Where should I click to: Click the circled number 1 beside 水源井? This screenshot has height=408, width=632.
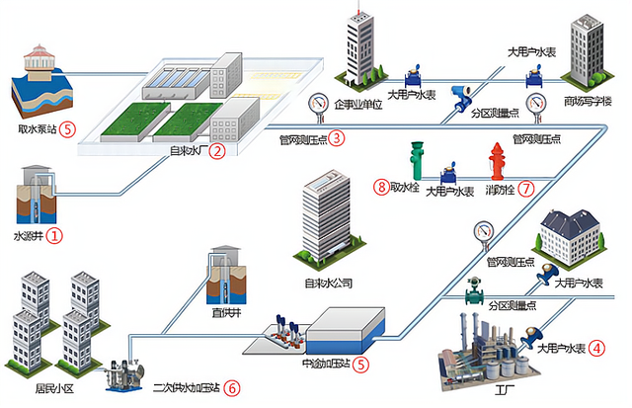(55, 235)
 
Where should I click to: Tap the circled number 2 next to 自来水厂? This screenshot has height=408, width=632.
(216, 151)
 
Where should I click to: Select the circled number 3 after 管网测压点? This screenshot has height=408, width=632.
(337, 137)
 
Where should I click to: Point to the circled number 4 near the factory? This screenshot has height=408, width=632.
(597, 349)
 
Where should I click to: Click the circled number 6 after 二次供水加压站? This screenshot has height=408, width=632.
(231, 388)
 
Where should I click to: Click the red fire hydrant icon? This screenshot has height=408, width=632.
(497, 161)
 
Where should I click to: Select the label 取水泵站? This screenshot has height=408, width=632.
(36, 128)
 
